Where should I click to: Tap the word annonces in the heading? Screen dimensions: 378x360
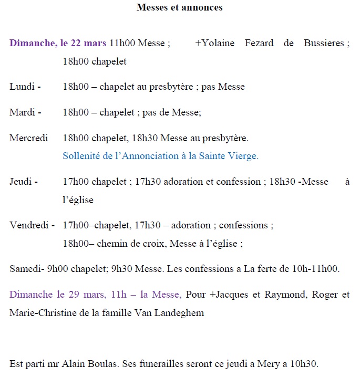tap(202, 7)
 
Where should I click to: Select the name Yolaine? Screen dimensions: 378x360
tap(217, 43)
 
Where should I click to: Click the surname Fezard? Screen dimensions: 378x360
tap(259, 43)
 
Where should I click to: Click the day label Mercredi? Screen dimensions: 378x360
tap(29, 138)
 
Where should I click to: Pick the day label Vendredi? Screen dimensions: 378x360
tap(30, 225)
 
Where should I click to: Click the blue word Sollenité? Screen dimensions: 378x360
tap(82, 156)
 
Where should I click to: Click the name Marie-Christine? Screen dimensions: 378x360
tap(43, 313)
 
